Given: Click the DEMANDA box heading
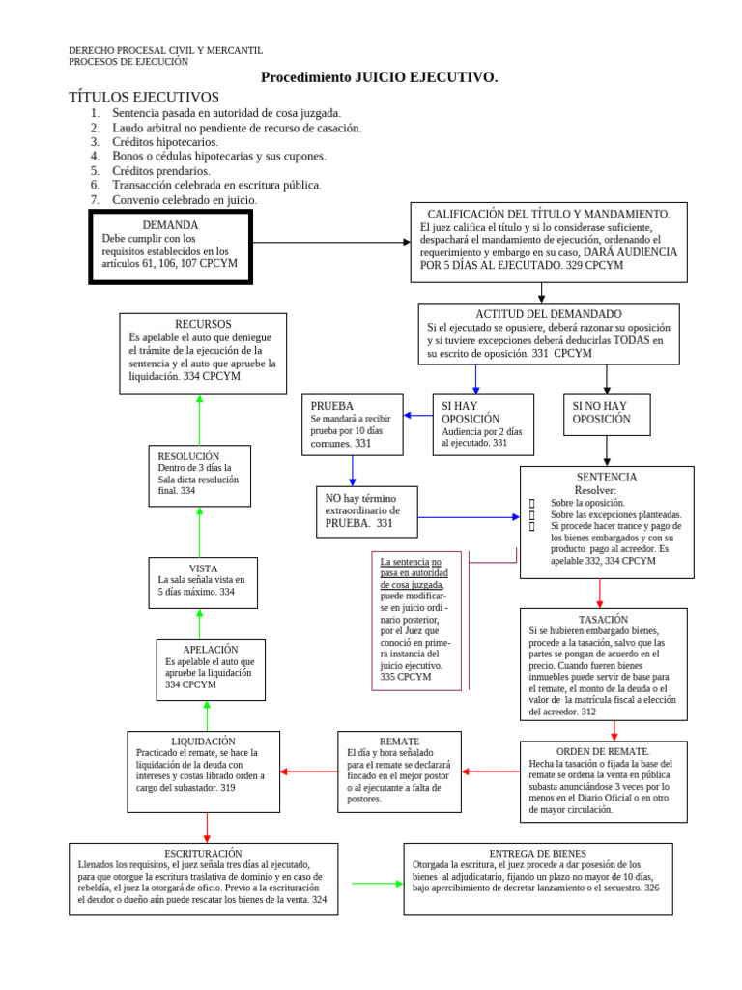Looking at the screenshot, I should pyautogui.click(x=169, y=225).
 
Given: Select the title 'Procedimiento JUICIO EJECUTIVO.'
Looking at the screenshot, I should pyautogui.click(x=380, y=77).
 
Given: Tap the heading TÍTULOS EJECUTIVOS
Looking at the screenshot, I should pyautogui.click(x=144, y=97).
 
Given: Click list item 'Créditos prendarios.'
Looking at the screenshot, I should pyautogui.click(x=160, y=170).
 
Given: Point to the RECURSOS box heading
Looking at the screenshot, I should pyautogui.click(x=203, y=324).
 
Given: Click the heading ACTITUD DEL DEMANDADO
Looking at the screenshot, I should pyautogui.click(x=549, y=314).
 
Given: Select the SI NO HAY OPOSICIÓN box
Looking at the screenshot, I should pyautogui.click(x=607, y=413).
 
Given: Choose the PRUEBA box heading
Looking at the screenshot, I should pyautogui.click(x=332, y=406).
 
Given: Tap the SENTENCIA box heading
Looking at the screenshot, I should pyautogui.click(x=607, y=478).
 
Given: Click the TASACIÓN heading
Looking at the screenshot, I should pyautogui.click(x=604, y=619).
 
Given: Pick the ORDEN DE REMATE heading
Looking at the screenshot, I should pyautogui.click(x=604, y=751).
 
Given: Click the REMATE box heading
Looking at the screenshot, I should pyautogui.click(x=399, y=741).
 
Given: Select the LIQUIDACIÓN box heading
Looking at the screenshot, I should pyautogui.click(x=203, y=741).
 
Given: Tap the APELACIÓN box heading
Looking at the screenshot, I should pyautogui.click(x=210, y=650).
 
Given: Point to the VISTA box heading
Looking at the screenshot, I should pyautogui.click(x=203, y=568).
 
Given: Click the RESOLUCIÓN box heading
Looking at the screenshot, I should pyautogui.click(x=189, y=456).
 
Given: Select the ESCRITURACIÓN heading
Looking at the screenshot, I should pyautogui.click(x=203, y=853).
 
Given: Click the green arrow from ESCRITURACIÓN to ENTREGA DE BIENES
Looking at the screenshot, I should pyautogui.click(x=377, y=883).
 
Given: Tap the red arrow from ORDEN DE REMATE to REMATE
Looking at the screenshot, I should pyautogui.click(x=491, y=772).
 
